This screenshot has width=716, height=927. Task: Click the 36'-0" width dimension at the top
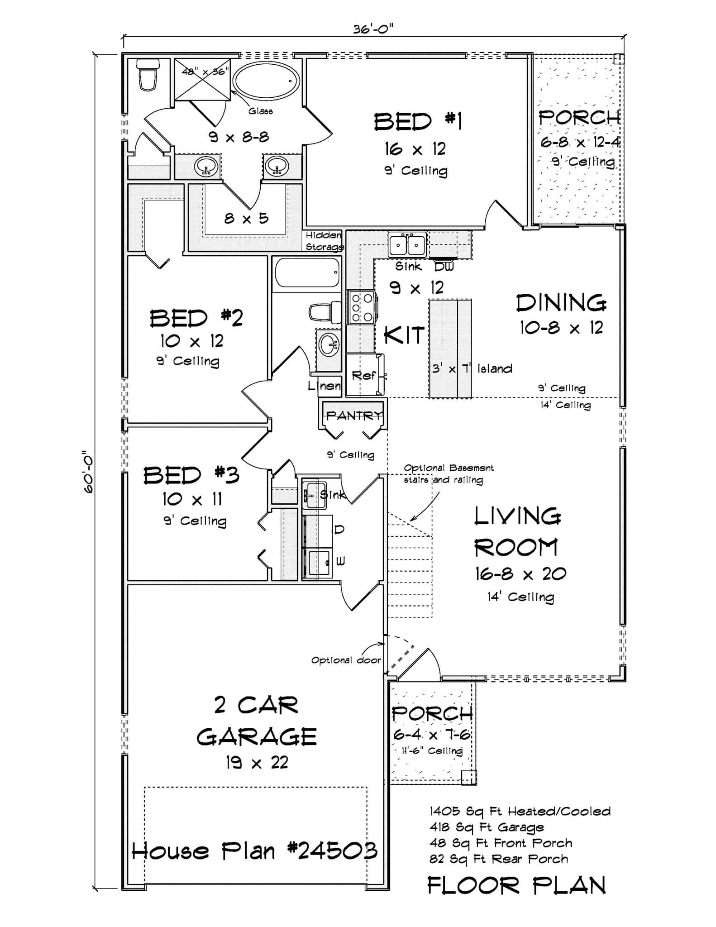373,29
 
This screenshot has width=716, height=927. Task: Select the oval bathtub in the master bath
266,81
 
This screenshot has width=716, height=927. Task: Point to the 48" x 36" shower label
205,72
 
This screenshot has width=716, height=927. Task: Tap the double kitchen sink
406,245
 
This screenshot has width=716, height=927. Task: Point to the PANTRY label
353,415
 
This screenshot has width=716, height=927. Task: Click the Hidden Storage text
324,241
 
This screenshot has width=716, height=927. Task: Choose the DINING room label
561,303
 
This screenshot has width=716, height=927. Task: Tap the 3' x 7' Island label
472,368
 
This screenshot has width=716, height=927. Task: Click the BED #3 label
191,476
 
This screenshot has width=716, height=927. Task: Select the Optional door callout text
345,660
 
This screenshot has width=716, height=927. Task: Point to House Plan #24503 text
254,851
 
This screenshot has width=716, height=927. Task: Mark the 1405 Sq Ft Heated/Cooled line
520,811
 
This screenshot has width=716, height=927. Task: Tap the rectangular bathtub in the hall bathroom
306,272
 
